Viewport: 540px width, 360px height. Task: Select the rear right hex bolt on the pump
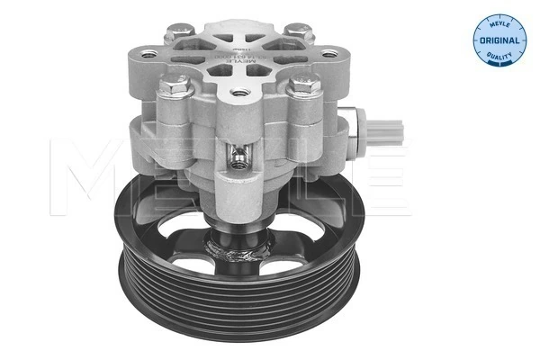pos(295,29)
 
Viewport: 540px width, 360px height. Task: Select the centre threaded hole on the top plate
pos(238,92)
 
